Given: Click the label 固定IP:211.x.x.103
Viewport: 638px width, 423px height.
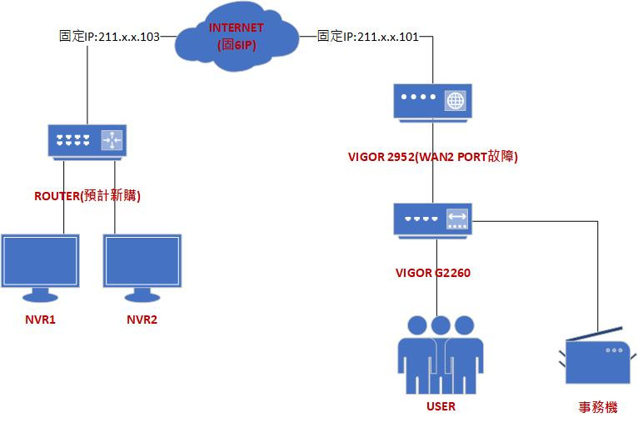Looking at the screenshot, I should click(109, 37).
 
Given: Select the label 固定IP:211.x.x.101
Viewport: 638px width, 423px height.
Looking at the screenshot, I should click(368, 37).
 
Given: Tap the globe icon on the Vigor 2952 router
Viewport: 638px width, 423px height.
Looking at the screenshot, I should click(455, 101).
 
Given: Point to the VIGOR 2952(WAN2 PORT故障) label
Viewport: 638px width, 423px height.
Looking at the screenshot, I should click(432, 155).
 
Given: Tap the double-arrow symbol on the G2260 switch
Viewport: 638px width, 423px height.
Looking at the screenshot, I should click(456, 219).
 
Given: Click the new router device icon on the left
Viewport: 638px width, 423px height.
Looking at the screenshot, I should click(87, 140).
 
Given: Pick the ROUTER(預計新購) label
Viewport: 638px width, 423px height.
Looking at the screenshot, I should click(87, 196).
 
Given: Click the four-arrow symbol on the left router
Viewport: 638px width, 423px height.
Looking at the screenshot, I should click(112, 140).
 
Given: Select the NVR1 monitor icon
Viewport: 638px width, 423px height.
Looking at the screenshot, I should click(40, 266).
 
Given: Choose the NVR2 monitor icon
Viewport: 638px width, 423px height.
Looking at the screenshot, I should click(142, 266).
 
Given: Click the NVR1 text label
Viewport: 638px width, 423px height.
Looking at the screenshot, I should click(41, 320).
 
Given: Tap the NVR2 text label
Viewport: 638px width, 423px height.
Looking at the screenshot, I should click(142, 320).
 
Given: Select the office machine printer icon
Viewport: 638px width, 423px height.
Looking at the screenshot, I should click(596, 360).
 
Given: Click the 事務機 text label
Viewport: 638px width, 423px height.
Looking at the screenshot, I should click(598, 407).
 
